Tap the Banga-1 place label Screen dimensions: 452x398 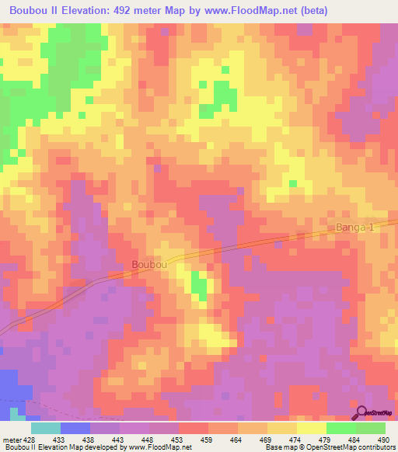coord(355,228)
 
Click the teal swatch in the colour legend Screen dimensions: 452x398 coord(45,427)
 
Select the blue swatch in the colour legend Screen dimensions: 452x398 coord(75,427)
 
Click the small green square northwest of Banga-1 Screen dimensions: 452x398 coord(293,184)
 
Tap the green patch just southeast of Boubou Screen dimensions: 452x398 coord(200,288)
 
